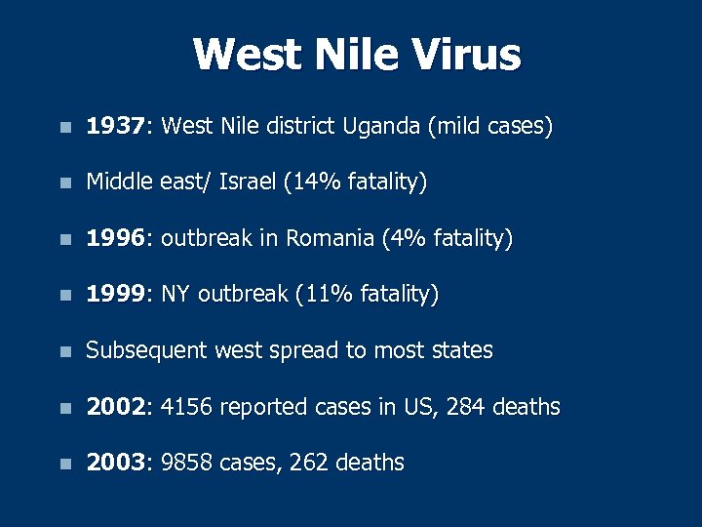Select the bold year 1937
115,126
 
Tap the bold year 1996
115,238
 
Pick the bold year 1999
115,294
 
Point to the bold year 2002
115,406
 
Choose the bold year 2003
115,463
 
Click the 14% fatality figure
312,182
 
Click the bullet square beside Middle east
64,183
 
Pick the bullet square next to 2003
64,464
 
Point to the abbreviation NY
176,294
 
